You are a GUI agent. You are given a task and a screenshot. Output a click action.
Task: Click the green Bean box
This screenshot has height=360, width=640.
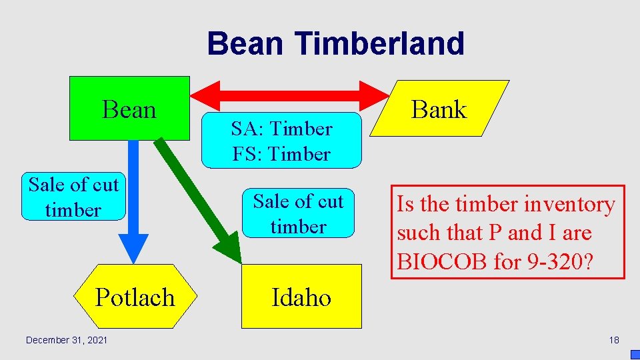coord(129,108)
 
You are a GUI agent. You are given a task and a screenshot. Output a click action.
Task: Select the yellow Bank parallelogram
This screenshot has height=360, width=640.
coord(439,109)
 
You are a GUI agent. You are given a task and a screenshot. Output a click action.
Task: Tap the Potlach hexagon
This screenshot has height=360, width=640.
coord(135,297)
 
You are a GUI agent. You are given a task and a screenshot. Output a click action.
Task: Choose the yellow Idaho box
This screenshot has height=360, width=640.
coord(301,297)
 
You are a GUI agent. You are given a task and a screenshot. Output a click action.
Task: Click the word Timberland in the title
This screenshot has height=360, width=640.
coord(379,44)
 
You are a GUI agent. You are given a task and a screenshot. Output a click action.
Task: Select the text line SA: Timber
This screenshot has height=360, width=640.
coord(281,128)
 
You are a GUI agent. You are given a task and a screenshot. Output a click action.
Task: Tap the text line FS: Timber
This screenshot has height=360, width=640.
coord(281,154)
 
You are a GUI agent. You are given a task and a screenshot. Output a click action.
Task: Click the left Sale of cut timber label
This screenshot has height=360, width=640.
coord(73,197)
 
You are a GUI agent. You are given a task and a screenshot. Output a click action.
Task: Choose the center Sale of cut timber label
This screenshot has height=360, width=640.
coord(298,213)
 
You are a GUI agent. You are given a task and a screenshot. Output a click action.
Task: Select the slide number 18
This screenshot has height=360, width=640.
coord(613,340)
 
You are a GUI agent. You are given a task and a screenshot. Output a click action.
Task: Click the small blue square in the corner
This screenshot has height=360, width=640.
coord(635,355)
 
